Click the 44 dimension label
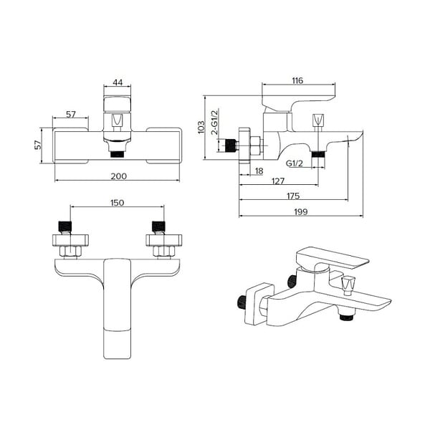[x=118, y=82]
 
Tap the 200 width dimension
[x=119, y=176]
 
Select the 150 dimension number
[x=117, y=203]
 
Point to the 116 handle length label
[x=297, y=80]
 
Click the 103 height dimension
[x=201, y=127]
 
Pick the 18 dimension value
[x=259, y=171]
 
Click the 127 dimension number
[x=278, y=181]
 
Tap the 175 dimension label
[x=293, y=196]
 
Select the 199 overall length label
[x=301, y=211]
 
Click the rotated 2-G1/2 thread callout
[x=215, y=122]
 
